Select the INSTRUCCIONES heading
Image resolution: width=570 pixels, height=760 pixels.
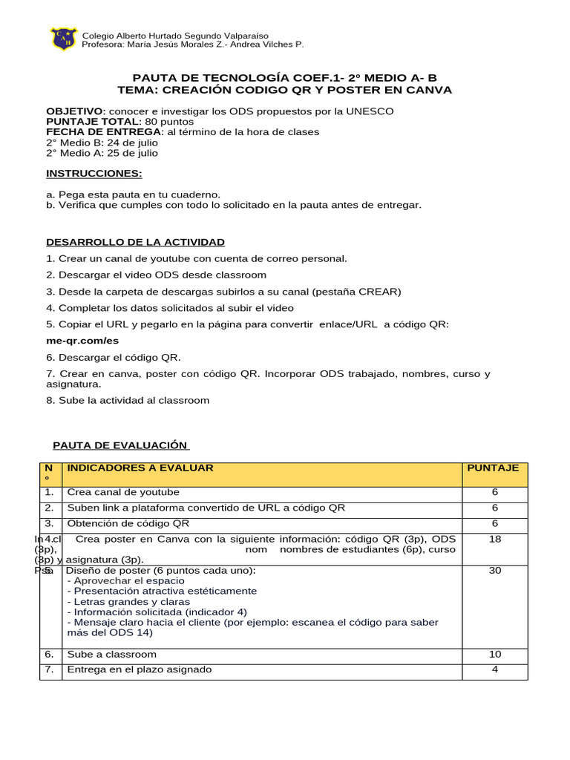(94, 173)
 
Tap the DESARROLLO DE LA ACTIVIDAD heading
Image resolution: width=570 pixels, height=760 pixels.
(135, 242)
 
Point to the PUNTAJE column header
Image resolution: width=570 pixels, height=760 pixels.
(492, 468)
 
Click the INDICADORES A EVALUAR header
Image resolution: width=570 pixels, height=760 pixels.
(140, 468)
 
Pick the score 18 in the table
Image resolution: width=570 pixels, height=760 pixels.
(495, 540)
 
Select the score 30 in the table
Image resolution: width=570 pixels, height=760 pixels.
(495, 571)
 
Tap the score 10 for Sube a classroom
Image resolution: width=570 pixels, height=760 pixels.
(495, 654)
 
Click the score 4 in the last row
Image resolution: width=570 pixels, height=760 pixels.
(495, 669)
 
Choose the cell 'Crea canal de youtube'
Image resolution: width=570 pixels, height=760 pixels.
(123, 492)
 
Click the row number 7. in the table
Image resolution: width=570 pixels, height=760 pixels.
(49, 669)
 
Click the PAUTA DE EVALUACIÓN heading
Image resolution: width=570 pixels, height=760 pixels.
(121, 445)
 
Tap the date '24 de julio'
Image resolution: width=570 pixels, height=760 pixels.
(136, 142)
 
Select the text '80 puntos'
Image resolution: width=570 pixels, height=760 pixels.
(168, 122)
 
